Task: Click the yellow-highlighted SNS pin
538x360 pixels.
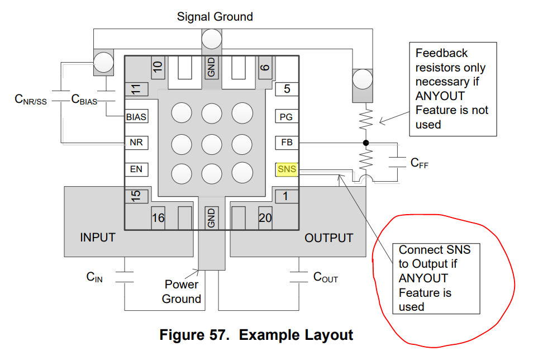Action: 287,169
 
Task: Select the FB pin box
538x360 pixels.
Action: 287,143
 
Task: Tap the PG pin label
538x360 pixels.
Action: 286,117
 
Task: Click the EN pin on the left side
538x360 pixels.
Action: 136,169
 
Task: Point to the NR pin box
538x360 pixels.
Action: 136,143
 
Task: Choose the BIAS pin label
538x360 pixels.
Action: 136,117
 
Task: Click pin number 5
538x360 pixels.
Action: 287,89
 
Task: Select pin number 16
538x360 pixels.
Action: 158,218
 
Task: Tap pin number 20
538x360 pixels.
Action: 265,218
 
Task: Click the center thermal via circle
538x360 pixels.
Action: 212,144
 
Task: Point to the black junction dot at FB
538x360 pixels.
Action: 366,143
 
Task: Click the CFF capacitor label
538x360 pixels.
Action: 420,163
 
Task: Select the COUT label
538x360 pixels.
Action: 326,277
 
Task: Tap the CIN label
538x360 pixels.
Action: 94,277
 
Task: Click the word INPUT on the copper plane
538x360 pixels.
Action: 98,238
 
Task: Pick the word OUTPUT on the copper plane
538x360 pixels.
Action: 328,238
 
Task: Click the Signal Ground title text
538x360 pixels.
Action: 215,16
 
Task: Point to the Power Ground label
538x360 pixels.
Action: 182,292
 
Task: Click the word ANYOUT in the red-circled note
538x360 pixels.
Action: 423,278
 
